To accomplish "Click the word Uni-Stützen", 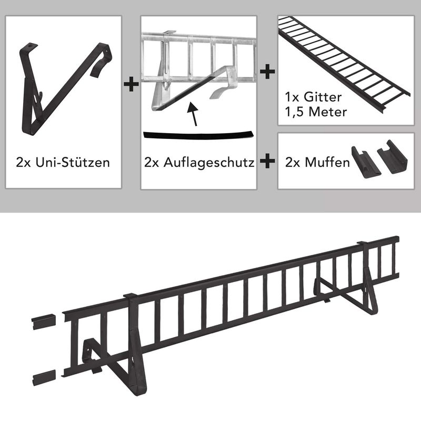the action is [73, 162].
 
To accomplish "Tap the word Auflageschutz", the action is [209, 162].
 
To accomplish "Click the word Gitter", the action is [323, 97].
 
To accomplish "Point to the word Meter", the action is [327, 112].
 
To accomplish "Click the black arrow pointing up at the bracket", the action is [193, 114].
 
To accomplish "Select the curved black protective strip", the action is [198, 135].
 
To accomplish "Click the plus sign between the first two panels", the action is [131, 84].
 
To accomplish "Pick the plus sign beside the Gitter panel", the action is [267, 72].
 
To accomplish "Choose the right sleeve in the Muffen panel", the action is [392, 157].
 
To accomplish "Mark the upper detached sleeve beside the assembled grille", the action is [43, 322].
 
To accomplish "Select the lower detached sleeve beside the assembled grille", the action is [44, 377].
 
